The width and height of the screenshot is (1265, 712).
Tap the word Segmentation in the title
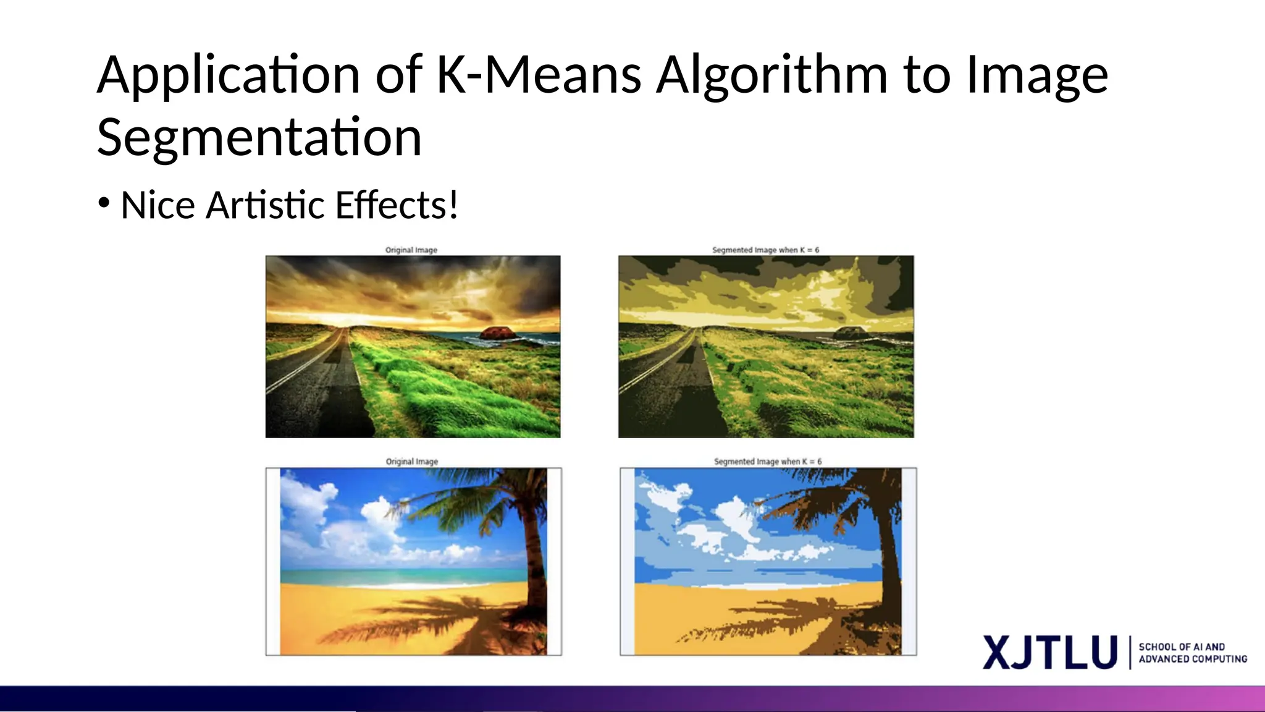(x=259, y=137)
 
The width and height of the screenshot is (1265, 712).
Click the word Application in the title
(x=229, y=75)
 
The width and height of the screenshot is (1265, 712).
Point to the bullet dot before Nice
(x=104, y=203)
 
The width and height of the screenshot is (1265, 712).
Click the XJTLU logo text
(x=1050, y=653)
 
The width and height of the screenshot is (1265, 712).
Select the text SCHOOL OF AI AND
(x=1182, y=646)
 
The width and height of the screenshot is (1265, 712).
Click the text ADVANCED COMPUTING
(x=1193, y=659)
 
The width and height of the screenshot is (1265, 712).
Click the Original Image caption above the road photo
(x=411, y=250)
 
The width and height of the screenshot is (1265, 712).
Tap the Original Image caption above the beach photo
(x=412, y=462)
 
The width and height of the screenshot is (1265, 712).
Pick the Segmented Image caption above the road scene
(x=765, y=250)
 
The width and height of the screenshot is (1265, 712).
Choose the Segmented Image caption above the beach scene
(x=768, y=462)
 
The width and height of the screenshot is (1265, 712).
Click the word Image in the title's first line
(x=1037, y=75)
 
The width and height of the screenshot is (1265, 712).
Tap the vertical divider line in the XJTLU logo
(x=1130, y=653)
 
